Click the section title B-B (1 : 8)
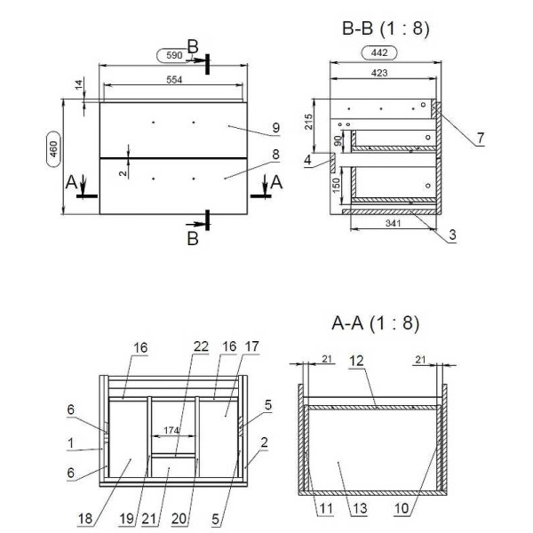[x=386, y=28]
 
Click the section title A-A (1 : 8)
[x=375, y=323]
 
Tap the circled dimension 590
[x=174, y=55]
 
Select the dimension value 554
[x=174, y=80]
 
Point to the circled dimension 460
[x=53, y=149]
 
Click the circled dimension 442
[x=379, y=52]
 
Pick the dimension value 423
[x=379, y=73]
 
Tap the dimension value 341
[x=394, y=223]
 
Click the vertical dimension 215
[x=308, y=122]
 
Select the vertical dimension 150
[x=337, y=186]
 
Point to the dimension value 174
[x=171, y=430]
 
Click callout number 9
[x=276, y=128]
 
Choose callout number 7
[x=481, y=138]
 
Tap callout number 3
[x=452, y=235]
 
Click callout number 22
[x=201, y=346]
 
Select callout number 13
[x=360, y=509]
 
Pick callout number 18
[x=85, y=519]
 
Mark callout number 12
[x=356, y=361]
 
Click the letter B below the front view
[x=193, y=239]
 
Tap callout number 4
[x=307, y=160]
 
